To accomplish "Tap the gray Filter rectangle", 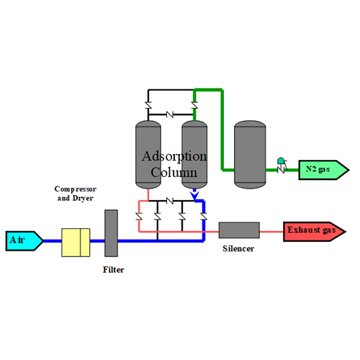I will pos(111,233).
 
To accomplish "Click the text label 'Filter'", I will pos(112,270).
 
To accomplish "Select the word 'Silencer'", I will pos(239,248).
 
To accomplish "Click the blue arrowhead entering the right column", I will pos(192,194).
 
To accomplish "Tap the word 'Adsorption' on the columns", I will pos(174,156).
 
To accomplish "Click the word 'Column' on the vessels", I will pos(174,172).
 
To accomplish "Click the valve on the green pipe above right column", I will pos(194,107).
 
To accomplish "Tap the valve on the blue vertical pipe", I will pos(204,217).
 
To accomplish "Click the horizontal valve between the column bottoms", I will pos(170,201).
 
